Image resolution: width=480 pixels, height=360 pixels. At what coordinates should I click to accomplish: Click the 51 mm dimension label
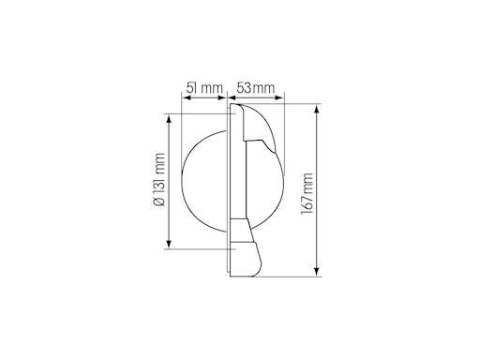coord(204,88)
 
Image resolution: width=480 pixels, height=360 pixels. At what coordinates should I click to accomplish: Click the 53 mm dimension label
coord(256,88)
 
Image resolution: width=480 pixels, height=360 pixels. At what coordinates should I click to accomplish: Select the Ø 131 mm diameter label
coord(159,180)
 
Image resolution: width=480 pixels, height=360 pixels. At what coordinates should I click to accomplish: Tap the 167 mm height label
coord(307,193)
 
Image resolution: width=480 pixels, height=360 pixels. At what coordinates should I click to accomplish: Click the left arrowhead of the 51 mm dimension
coord(187,97)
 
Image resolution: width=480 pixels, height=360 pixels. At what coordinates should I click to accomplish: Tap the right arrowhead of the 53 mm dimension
coord(278,97)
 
